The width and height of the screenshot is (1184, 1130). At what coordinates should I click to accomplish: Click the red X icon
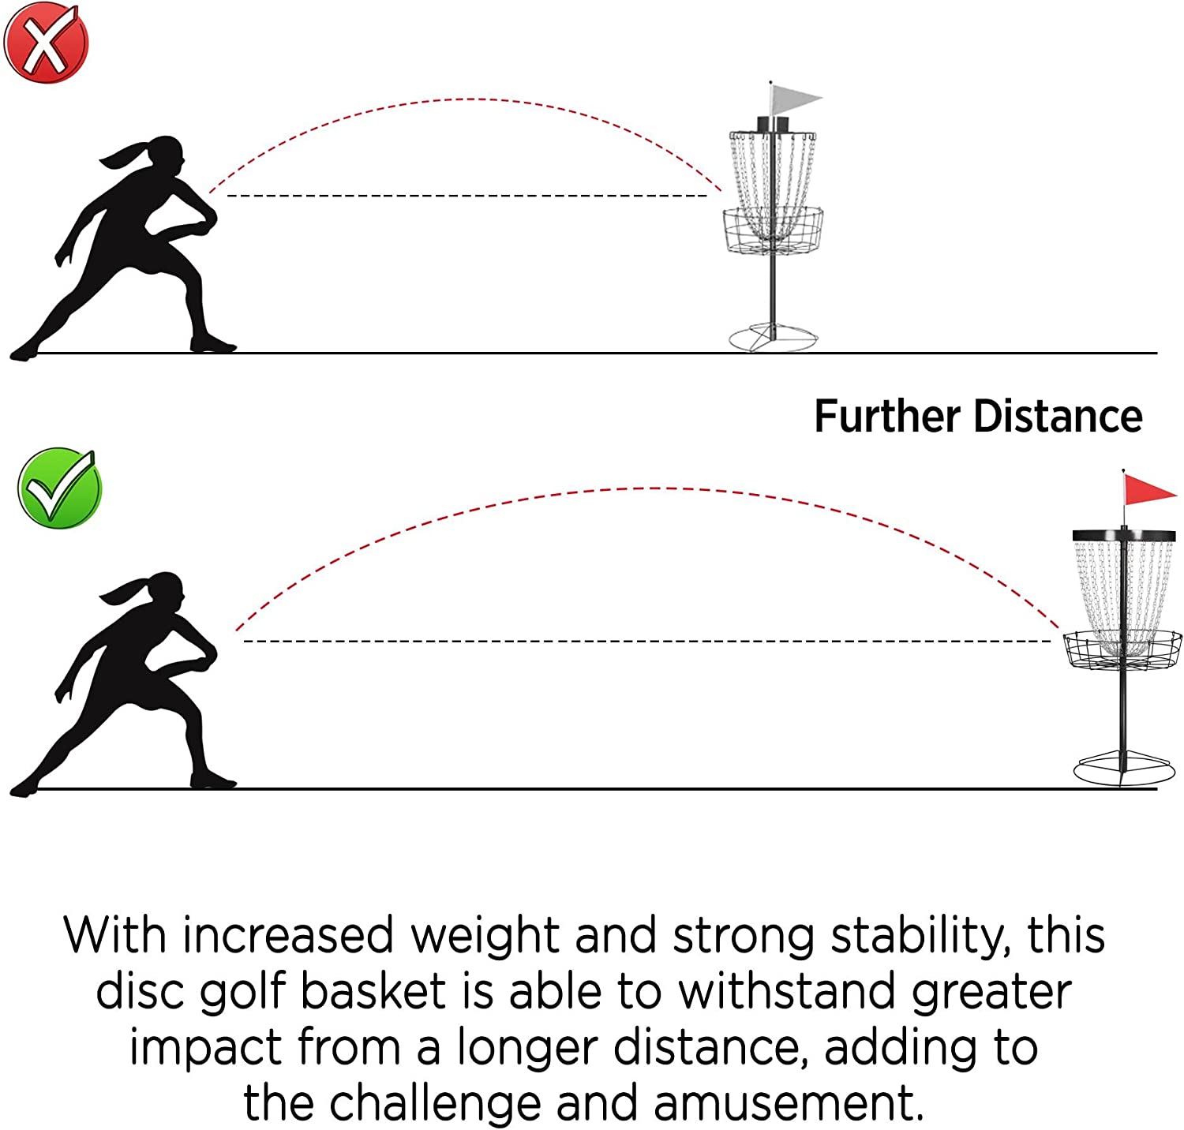click(x=46, y=42)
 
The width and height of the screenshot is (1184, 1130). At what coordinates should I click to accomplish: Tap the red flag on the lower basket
click(x=1147, y=491)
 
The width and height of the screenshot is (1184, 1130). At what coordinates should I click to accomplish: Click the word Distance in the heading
click(x=1058, y=417)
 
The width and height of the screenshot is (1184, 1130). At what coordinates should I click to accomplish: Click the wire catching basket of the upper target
click(x=773, y=230)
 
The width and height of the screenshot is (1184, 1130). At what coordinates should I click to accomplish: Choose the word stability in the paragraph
click(x=920, y=936)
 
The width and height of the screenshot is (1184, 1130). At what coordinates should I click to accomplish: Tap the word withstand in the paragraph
click(x=789, y=991)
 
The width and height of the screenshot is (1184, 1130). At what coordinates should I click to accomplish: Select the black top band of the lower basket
click(x=1124, y=534)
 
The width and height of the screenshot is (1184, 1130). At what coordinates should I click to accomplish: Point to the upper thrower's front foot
click(x=212, y=344)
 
